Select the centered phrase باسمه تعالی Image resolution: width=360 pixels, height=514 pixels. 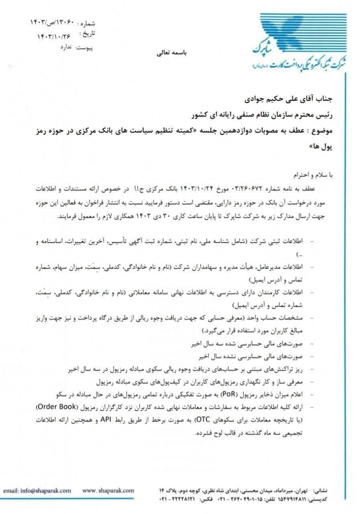point(174,53)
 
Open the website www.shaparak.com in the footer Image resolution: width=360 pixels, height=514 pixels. point(108,490)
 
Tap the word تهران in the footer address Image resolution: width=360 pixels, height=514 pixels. point(304,490)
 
